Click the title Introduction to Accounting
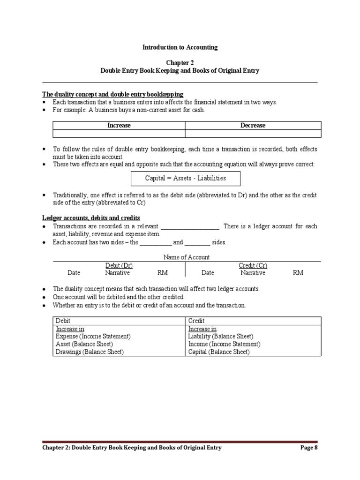[x=180, y=47]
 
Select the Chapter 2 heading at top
[x=180, y=62]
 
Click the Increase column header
[x=119, y=125]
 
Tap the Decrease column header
[x=253, y=125]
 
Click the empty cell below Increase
[x=119, y=134]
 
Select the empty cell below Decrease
[x=253, y=134]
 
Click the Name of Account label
[x=187, y=257]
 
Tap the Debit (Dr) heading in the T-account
[x=116, y=265]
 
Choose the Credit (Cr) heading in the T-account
[x=253, y=265]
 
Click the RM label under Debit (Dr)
[x=162, y=273]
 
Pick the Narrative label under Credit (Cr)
[x=253, y=273]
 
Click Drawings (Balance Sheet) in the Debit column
[x=90, y=352]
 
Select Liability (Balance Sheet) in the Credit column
[x=220, y=337]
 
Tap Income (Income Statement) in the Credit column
[x=224, y=344]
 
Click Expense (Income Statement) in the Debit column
[x=93, y=337]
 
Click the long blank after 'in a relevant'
[x=190, y=226]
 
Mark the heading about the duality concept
[x=112, y=94]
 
